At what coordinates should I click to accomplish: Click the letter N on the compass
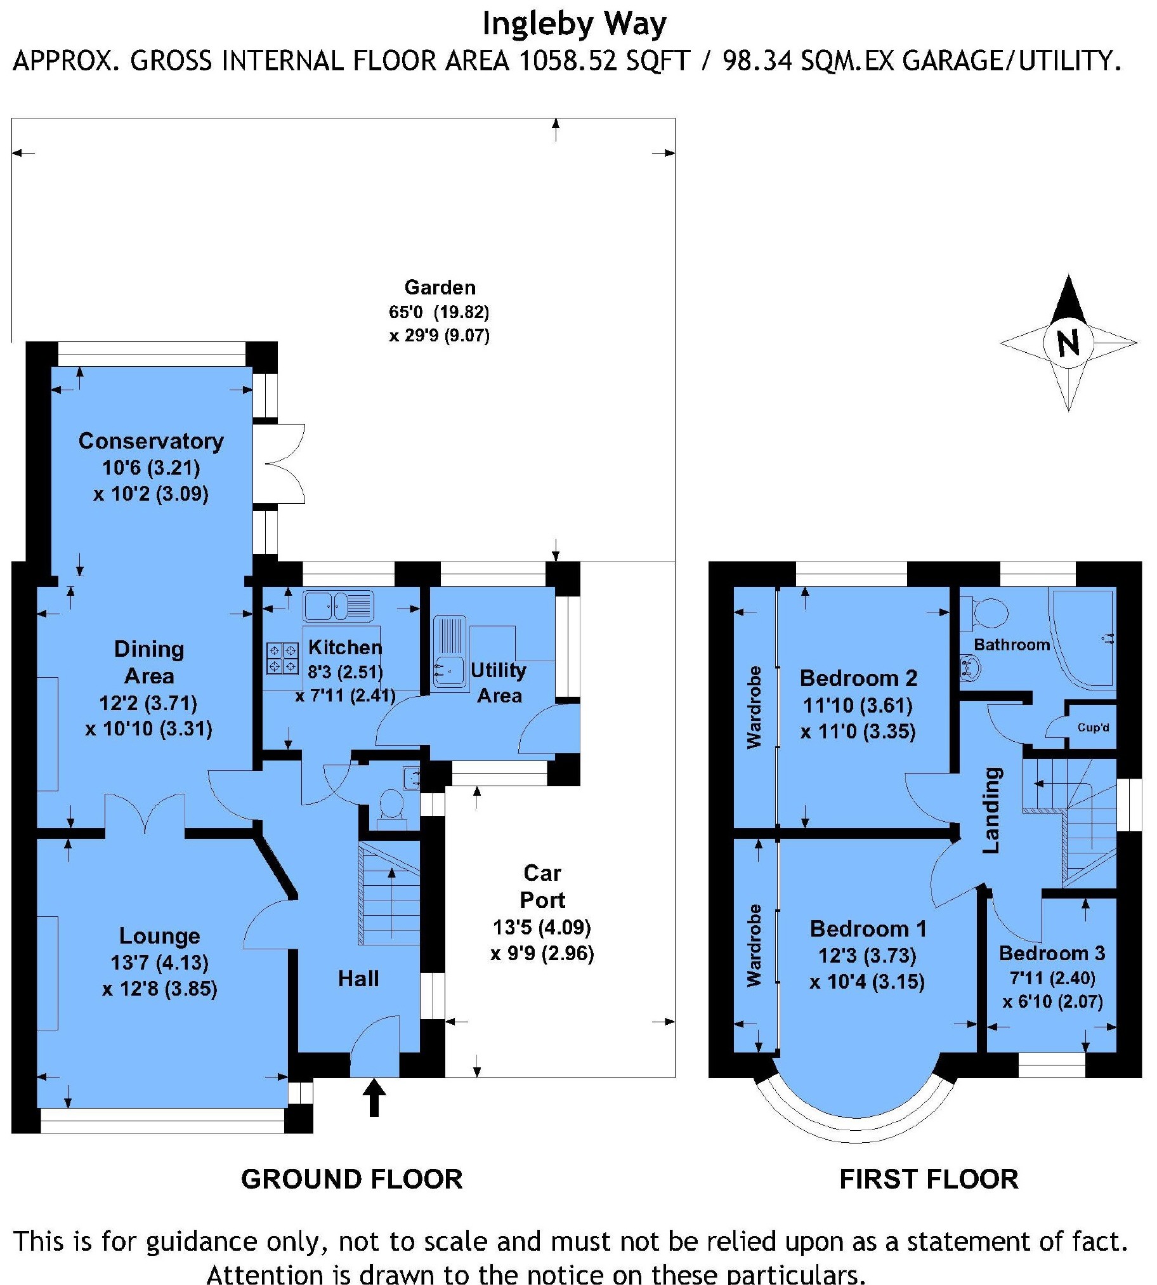click(x=1069, y=343)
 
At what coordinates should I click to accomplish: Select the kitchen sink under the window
click(x=338, y=605)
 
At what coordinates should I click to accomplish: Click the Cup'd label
click(x=1093, y=727)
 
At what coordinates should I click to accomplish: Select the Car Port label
click(x=542, y=886)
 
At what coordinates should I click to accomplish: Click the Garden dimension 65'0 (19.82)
click(x=440, y=312)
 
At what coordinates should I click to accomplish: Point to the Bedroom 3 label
click(x=1052, y=953)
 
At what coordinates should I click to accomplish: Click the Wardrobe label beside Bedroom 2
click(x=754, y=707)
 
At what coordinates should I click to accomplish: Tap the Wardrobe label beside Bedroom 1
click(x=754, y=946)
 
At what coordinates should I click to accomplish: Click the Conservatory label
click(x=151, y=441)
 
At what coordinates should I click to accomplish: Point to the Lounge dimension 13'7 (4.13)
click(x=160, y=963)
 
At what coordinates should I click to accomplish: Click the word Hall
click(x=358, y=979)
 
